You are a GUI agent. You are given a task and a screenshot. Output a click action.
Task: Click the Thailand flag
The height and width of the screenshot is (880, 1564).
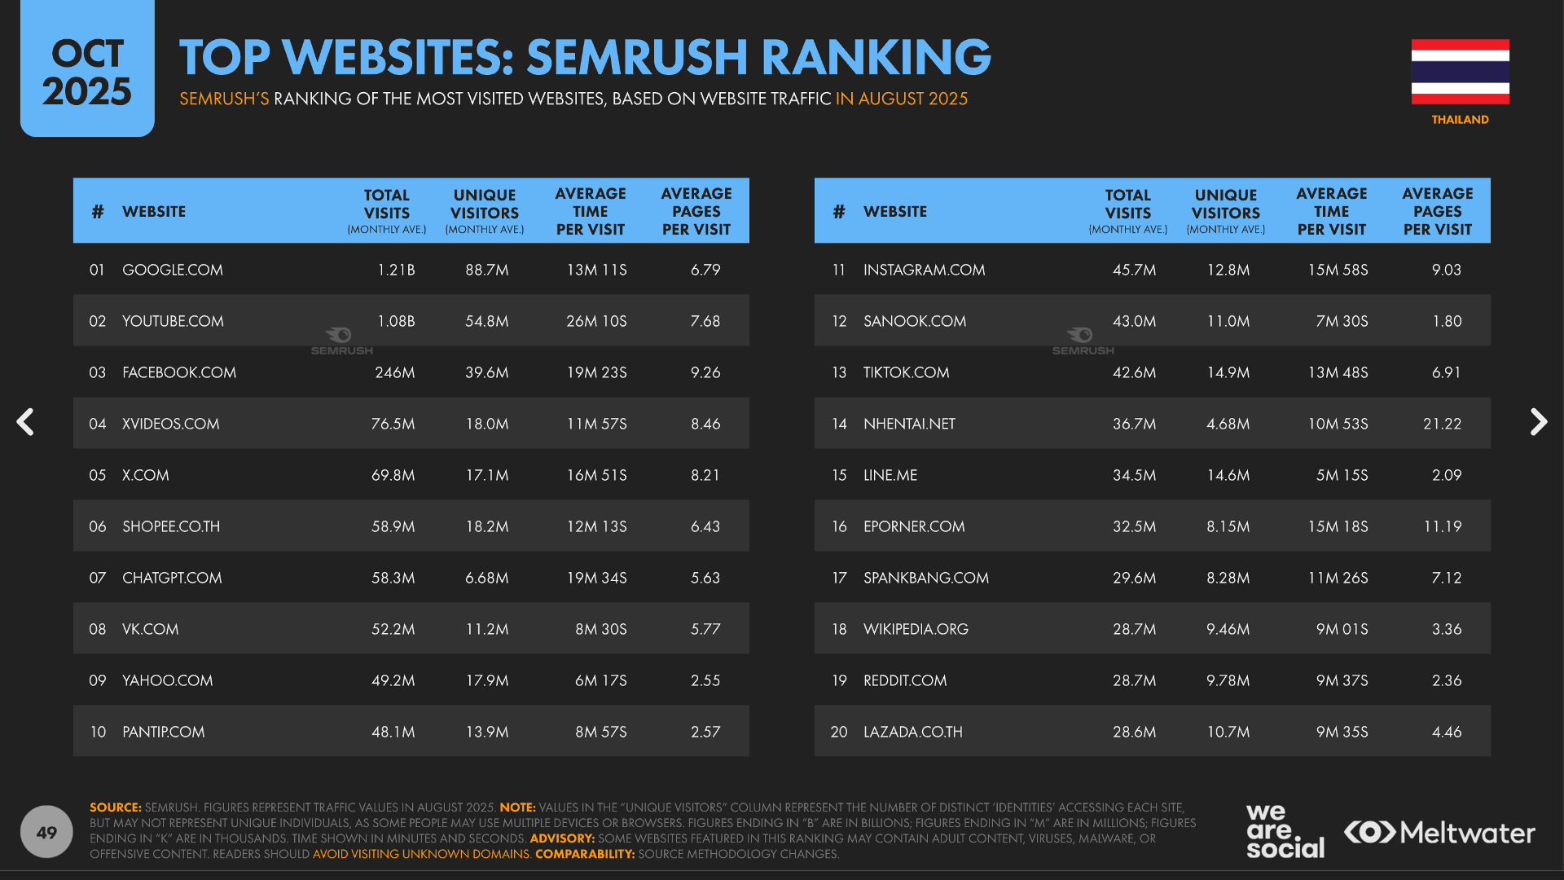pos(1460,72)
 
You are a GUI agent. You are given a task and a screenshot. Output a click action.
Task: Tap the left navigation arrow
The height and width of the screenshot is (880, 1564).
pos(26,422)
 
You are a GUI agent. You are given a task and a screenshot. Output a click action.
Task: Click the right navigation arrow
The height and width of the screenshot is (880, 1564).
pos(1538,422)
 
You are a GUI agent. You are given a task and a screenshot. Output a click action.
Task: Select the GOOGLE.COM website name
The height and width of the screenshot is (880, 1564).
pos(172,270)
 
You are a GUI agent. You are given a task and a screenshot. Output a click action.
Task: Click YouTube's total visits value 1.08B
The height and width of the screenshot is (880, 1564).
pos(396,321)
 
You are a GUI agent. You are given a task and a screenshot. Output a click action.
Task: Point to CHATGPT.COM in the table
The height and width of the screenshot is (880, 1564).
pos(172,578)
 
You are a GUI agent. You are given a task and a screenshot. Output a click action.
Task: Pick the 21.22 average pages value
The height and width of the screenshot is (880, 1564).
pos(1442,424)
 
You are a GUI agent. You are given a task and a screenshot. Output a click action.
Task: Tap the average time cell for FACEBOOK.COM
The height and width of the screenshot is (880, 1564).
pos(596,372)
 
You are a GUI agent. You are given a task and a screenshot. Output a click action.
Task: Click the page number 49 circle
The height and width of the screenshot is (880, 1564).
pos(46,832)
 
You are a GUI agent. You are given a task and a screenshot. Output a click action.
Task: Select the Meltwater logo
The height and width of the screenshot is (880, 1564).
pos(1439,833)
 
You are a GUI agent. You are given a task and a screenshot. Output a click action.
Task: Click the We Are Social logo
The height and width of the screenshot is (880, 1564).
pos(1285,831)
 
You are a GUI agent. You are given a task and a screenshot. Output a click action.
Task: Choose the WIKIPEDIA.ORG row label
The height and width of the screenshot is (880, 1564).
pos(916,629)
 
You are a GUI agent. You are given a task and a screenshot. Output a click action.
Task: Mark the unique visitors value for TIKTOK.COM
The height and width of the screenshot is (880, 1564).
pos(1228,372)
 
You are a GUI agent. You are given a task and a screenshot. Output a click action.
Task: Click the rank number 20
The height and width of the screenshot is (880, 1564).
pos(839,732)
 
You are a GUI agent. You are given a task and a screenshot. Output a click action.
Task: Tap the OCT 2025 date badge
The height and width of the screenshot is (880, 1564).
pos(87,72)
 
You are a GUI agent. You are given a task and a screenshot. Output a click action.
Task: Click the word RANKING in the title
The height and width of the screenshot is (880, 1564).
pos(876,57)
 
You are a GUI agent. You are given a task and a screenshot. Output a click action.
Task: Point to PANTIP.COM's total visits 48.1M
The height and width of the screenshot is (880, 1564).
pos(393,732)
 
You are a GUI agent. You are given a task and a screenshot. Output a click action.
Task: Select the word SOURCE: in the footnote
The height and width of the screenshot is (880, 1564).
pos(115,807)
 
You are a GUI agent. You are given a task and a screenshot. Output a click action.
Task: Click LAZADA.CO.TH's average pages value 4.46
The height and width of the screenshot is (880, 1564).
pos(1446,732)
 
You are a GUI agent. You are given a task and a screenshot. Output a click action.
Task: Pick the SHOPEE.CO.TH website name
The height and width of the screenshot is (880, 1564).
pos(171,526)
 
